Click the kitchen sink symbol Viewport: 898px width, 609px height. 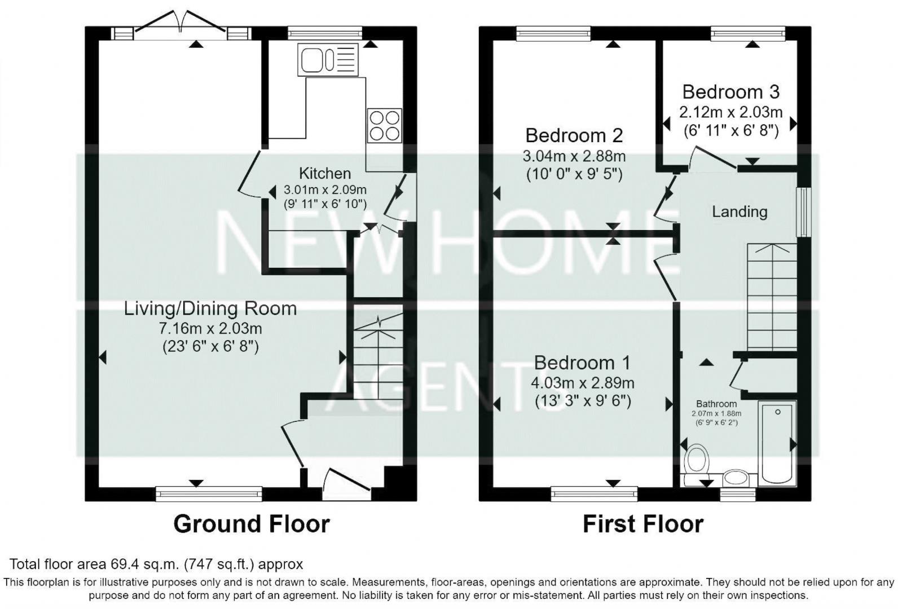[x=328, y=60]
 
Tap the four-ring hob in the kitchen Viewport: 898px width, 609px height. [x=385, y=125]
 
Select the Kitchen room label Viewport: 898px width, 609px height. [x=324, y=173]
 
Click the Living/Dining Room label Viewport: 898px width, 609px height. [x=210, y=308]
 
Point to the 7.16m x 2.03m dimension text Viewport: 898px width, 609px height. [x=210, y=328]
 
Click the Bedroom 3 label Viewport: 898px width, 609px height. [x=730, y=91]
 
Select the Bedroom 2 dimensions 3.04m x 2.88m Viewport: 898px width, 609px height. [x=574, y=156]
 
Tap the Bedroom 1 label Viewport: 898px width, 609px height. [x=582, y=363]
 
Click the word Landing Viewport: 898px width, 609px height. [x=739, y=211]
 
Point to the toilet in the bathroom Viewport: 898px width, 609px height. [x=697, y=460]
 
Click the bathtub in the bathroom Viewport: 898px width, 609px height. [x=777, y=443]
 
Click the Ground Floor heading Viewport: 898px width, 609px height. [x=251, y=524]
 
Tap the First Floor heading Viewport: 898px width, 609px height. [x=642, y=524]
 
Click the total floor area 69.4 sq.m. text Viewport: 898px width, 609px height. [x=156, y=564]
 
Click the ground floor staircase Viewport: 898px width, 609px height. [x=378, y=355]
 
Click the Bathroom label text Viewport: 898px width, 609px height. [x=716, y=404]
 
